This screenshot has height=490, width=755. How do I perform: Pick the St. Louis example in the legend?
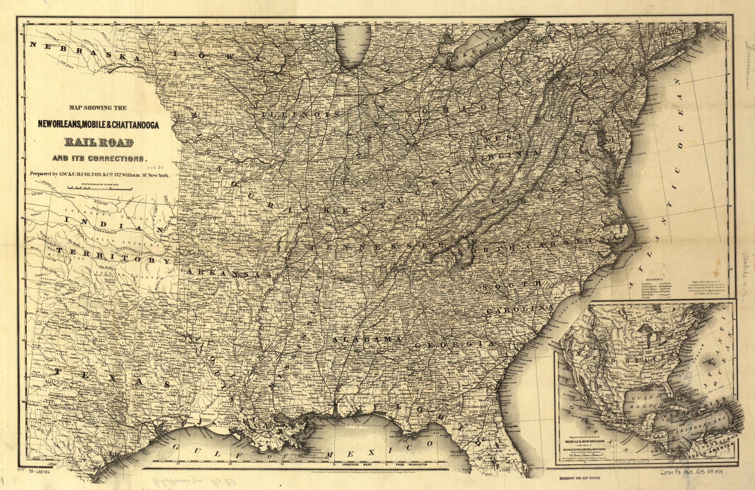(665, 292)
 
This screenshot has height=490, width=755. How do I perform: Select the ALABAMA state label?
(366, 339)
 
